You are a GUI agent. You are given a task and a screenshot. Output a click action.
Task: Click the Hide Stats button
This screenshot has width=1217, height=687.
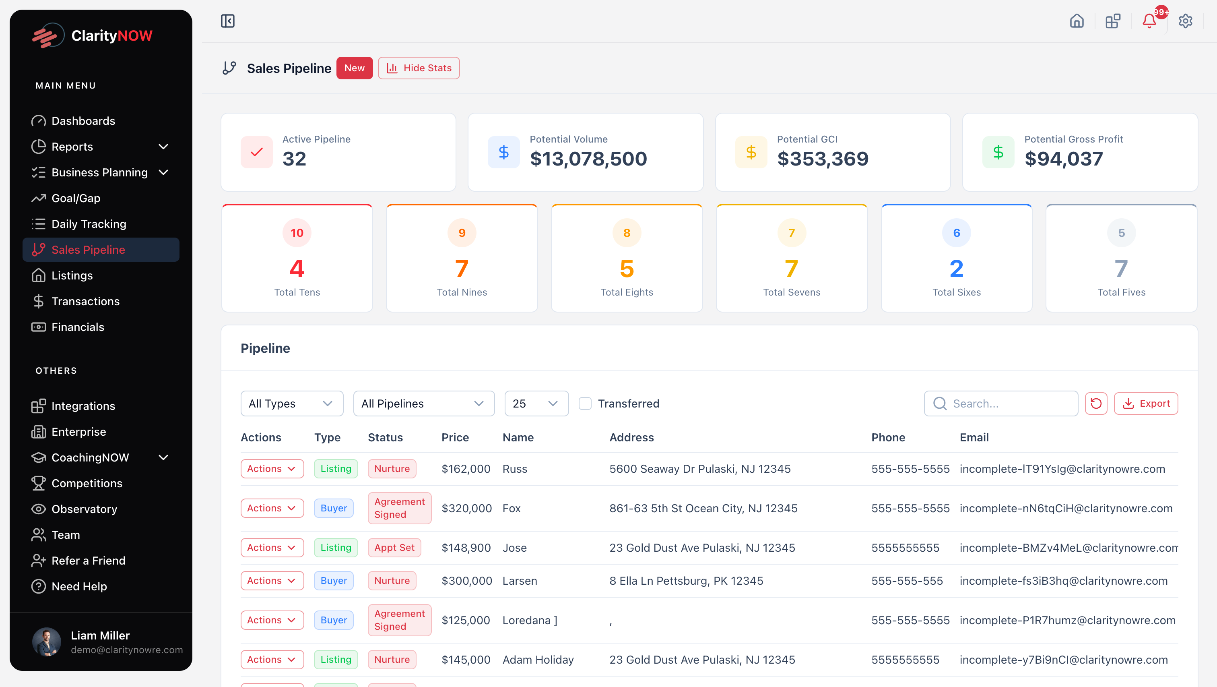tap(419, 68)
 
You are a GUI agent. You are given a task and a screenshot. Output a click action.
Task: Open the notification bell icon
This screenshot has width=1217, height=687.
tap(1149, 21)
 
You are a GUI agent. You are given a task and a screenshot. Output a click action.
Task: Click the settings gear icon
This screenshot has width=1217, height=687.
tap(1185, 21)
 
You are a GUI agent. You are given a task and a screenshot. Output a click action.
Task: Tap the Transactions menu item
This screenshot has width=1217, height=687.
tap(85, 301)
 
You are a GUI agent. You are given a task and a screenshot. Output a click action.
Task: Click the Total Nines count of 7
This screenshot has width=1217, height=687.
tap(462, 269)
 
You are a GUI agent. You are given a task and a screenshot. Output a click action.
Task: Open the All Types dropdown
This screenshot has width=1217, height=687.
tap(291, 404)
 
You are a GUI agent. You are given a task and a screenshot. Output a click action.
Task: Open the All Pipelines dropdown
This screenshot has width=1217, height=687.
tap(423, 404)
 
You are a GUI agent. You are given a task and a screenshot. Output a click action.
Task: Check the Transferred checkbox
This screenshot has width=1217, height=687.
tap(585, 404)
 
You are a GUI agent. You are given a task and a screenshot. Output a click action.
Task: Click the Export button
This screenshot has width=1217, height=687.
tap(1146, 404)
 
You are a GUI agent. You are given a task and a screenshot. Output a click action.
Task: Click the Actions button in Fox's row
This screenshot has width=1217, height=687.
tap(272, 508)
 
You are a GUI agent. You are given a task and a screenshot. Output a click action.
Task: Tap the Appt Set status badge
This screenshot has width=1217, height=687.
tap(394, 548)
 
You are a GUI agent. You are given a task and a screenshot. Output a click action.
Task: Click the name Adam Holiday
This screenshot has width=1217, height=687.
tap(538, 660)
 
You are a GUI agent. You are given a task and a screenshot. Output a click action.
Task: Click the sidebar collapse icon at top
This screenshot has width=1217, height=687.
tap(228, 21)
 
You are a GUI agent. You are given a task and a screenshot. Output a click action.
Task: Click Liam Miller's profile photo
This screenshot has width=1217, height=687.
tap(46, 641)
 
